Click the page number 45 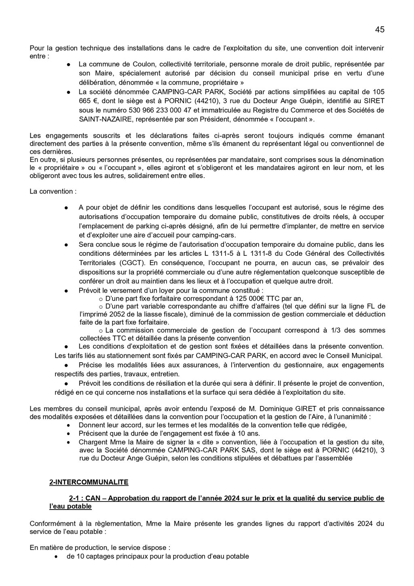(x=379, y=30)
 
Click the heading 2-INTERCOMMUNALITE (x=89, y=482)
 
